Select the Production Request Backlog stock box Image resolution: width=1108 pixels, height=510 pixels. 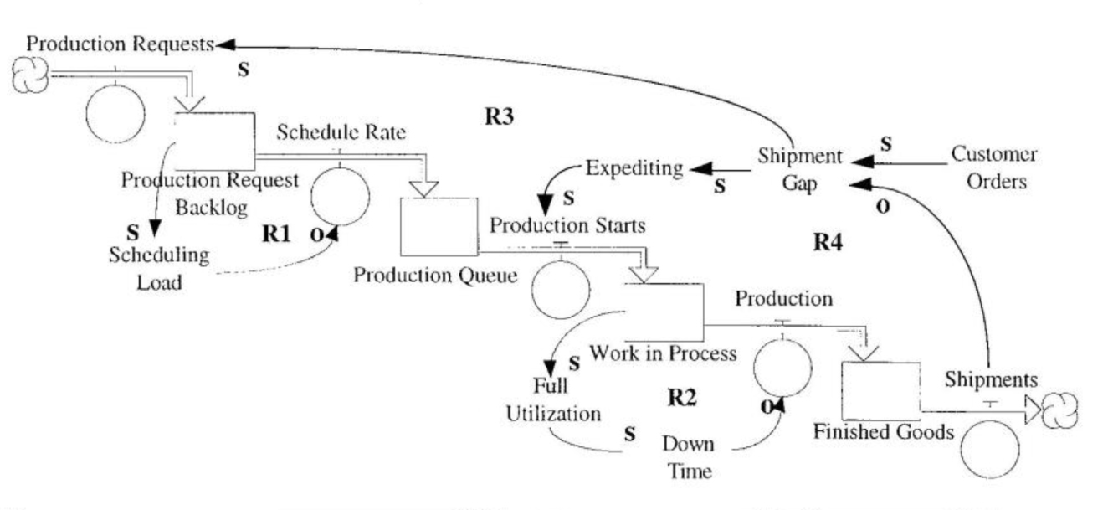point(213,140)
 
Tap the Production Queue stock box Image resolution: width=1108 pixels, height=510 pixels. point(439,225)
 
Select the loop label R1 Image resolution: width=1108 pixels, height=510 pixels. point(277,235)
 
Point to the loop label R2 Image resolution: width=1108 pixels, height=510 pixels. point(683,396)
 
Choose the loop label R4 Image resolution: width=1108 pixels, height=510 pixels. point(831,243)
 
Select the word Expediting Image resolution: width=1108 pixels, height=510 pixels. point(634,168)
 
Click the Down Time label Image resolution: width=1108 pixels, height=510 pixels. point(689,457)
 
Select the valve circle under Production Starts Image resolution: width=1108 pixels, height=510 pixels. point(562,290)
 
